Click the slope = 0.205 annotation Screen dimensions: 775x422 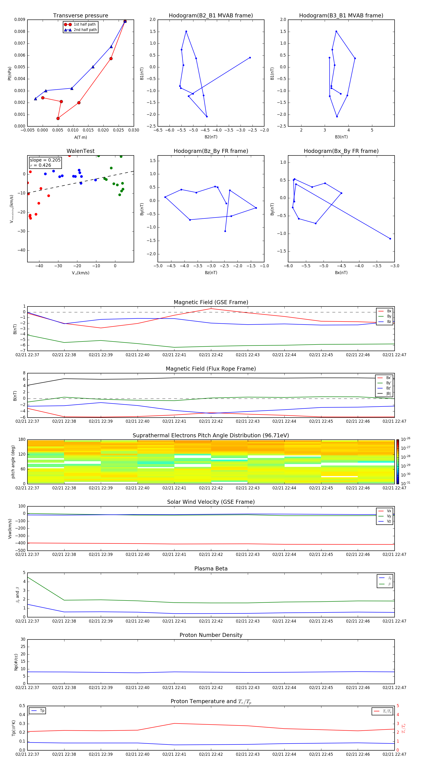(x=45, y=160)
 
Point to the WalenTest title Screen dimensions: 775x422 (x=80, y=151)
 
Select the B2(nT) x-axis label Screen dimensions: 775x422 (x=211, y=137)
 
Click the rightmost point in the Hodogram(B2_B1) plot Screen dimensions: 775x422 (x=250, y=58)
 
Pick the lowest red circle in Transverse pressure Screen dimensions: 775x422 (x=58, y=118)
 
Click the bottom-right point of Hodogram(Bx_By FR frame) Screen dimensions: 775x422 (x=390, y=239)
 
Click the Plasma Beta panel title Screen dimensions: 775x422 (x=211, y=569)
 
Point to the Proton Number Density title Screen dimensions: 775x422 (x=211, y=635)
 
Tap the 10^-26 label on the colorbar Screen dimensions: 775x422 (x=405, y=439)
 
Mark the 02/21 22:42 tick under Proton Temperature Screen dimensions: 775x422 (x=211, y=754)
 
